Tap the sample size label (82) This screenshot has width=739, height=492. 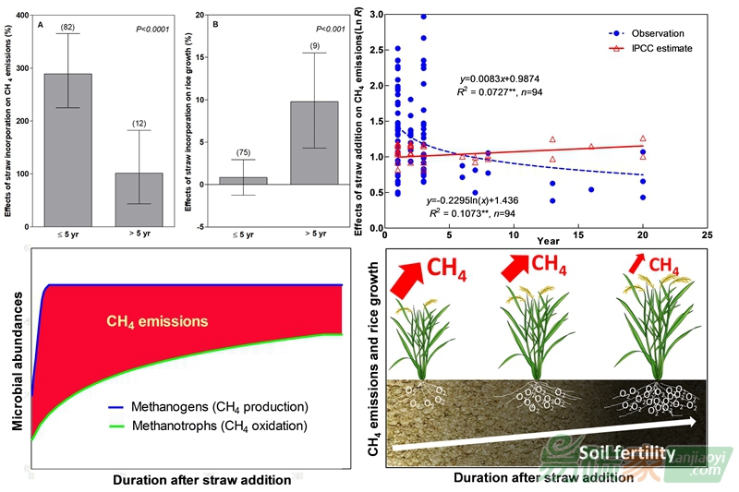tap(67, 27)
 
